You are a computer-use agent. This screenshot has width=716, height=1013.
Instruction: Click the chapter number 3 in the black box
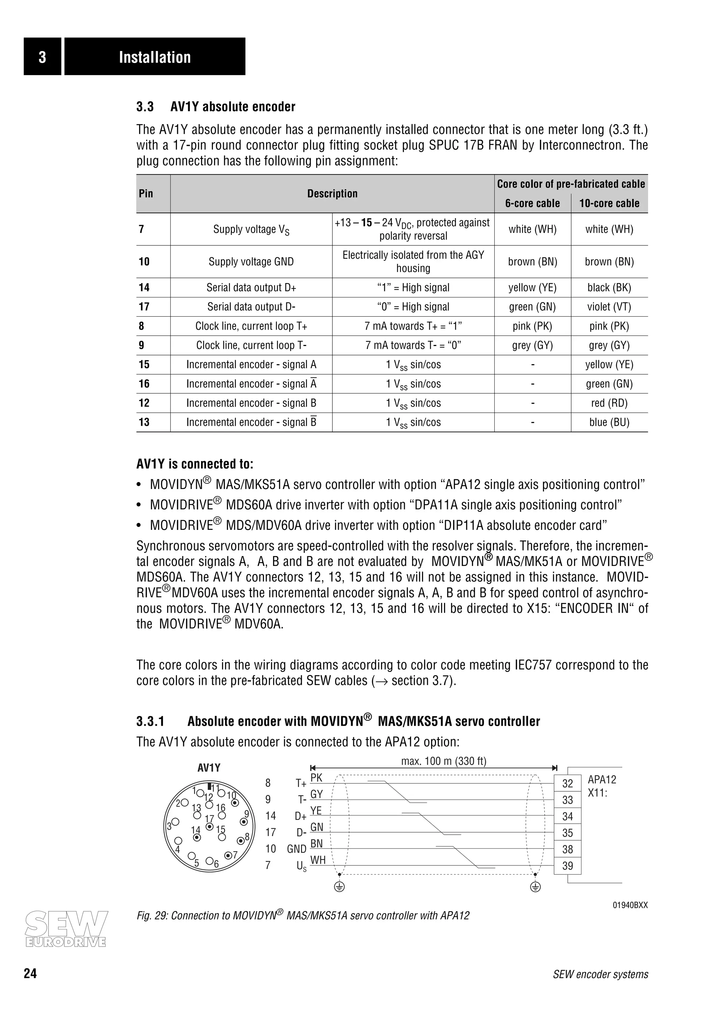point(42,57)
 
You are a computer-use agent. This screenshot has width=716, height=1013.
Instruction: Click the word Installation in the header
point(155,57)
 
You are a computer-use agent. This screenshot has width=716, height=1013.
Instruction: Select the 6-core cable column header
point(532,203)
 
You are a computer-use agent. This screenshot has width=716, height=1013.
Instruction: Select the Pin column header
point(146,194)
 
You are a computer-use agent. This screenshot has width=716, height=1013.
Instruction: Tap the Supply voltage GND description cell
point(251,261)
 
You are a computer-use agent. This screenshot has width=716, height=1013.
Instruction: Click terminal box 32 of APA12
point(567,784)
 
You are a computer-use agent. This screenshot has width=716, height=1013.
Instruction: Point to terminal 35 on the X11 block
point(567,833)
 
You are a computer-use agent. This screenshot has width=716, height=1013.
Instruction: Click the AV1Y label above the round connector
point(209,768)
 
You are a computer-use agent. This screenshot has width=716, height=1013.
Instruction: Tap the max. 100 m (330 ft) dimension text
point(443,761)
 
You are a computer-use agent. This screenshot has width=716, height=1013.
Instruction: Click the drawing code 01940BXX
point(630,905)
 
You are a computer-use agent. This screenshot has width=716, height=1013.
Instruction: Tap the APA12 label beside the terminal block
point(602,779)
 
